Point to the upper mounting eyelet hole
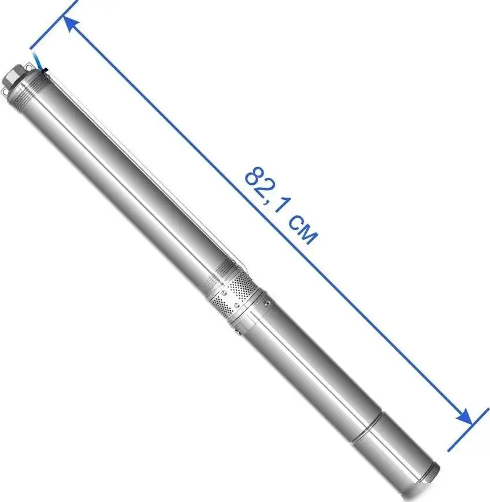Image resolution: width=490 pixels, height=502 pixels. [28, 68]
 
